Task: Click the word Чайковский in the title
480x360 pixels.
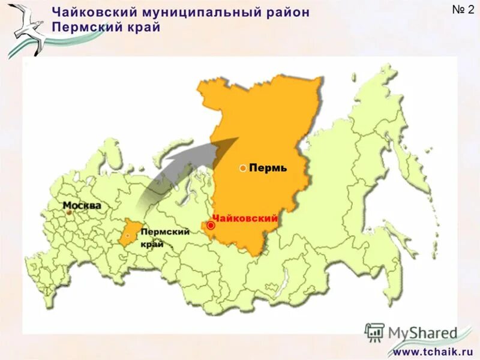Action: pos(89,13)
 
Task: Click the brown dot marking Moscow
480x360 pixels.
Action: pos(69,211)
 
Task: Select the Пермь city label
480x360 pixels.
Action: pos(268,169)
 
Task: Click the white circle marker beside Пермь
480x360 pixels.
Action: pos(242,169)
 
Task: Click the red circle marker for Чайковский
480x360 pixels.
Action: pos(211,226)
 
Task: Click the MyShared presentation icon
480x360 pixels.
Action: pos(374,332)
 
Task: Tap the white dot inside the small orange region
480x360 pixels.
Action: pos(128,236)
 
